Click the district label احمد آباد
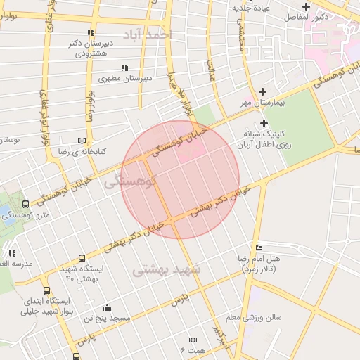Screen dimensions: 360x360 (x=146, y=34)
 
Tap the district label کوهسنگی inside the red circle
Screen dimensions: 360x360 (x=129, y=183)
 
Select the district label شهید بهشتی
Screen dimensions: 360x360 (x=167, y=268)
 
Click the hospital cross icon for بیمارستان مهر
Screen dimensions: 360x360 (x=263, y=91)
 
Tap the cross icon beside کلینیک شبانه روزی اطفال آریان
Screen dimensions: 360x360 (x=263, y=123)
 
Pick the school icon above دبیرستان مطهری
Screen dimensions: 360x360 (x=124, y=67)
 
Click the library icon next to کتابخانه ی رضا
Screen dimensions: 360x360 (x=82, y=141)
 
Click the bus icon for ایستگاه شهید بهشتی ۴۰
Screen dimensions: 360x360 (x=82, y=259)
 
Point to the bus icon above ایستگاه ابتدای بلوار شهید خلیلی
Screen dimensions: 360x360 (x=46, y=290)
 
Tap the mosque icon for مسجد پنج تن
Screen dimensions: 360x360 (x=106, y=307)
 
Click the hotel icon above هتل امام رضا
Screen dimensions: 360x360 (x=259, y=247)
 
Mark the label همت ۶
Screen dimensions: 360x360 (x=192, y=349)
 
